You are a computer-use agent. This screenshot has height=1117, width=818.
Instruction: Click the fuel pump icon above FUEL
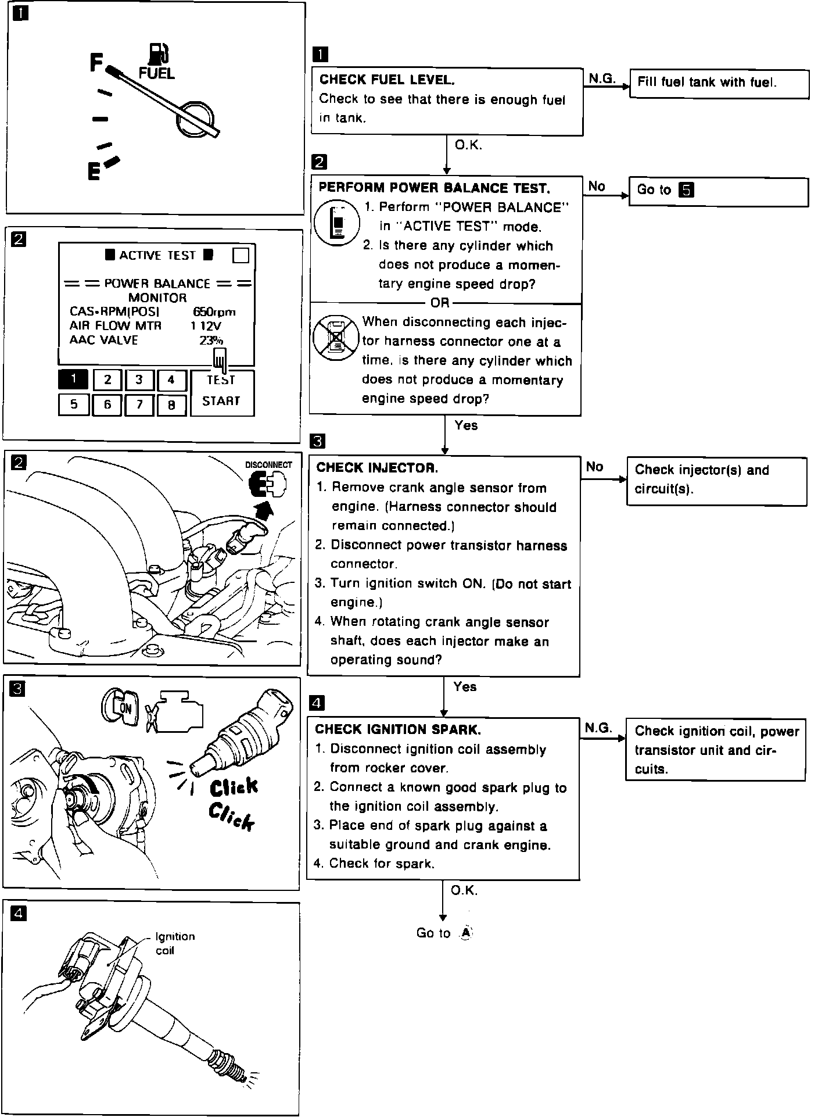(x=157, y=54)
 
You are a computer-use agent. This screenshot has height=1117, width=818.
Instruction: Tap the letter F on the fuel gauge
(x=96, y=63)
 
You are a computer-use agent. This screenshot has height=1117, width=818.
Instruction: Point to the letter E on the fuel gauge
(x=94, y=171)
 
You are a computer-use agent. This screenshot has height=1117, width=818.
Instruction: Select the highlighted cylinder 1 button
(x=73, y=380)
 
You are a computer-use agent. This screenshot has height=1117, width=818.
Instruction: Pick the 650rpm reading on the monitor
(x=214, y=312)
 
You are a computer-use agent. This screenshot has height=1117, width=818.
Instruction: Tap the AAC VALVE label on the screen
(x=103, y=340)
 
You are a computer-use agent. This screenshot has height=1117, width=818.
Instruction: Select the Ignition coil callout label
(x=174, y=943)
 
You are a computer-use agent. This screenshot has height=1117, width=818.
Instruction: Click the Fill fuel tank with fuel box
(x=719, y=84)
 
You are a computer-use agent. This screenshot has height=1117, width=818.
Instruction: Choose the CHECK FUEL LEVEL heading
(x=387, y=80)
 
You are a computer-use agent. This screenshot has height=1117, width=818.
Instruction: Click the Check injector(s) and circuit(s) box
(x=716, y=480)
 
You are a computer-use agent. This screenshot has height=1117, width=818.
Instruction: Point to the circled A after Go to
(x=466, y=933)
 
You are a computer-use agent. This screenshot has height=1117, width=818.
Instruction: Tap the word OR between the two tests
(x=440, y=303)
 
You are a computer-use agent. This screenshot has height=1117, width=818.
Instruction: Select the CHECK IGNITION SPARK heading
(x=398, y=729)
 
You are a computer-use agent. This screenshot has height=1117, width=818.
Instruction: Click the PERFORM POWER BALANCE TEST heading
(x=434, y=188)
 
